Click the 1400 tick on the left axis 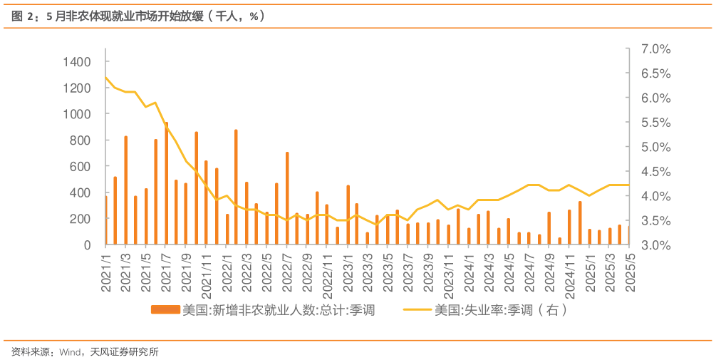(78, 62)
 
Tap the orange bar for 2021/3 (125, 190)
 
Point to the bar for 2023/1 (348, 215)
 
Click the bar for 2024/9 (549, 228)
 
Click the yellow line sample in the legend (417, 310)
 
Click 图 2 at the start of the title (26, 16)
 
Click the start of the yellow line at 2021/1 (105, 76)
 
